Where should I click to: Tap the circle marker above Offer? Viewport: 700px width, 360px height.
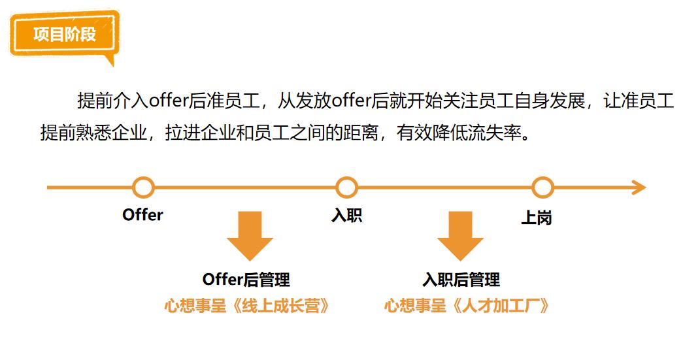(x=143, y=188)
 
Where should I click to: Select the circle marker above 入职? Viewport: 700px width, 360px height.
(x=346, y=188)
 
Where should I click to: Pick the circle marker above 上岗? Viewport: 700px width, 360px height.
(x=542, y=188)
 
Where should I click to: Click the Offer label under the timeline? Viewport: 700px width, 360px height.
(x=142, y=215)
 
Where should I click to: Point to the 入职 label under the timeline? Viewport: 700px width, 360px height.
(x=346, y=216)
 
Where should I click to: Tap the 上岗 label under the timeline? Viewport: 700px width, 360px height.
(x=536, y=218)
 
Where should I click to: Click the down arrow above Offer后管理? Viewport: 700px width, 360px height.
(x=250, y=235)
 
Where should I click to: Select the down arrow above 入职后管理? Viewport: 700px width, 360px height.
(x=460, y=235)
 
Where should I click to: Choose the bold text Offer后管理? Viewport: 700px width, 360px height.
(x=246, y=280)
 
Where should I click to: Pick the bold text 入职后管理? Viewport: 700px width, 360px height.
(x=461, y=280)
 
